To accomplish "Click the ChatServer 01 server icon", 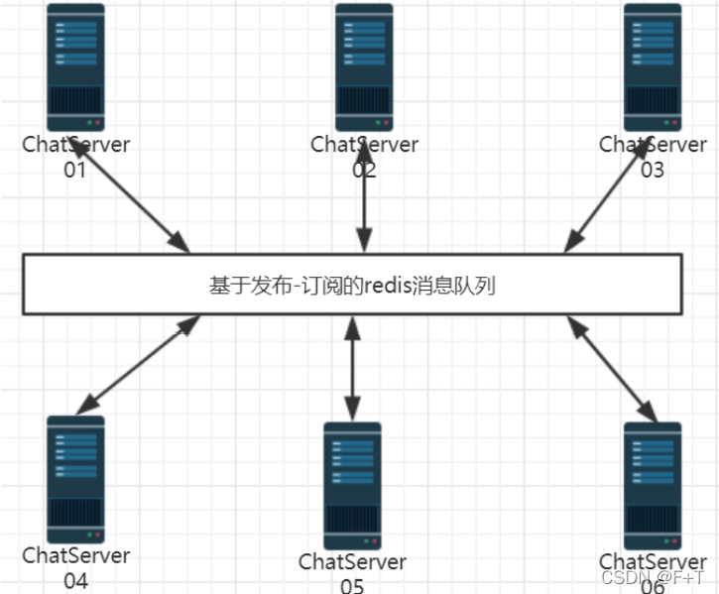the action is click(75, 67).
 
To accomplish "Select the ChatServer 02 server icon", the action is click(364, 67).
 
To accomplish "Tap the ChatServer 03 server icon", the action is click(653, 67).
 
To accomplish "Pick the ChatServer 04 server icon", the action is click(75, 479).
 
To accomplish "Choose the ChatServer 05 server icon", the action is click(352, 486).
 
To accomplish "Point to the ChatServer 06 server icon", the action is click(653, 486).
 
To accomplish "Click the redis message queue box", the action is click(353, 285).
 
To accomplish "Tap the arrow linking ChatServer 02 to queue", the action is click(364, 197).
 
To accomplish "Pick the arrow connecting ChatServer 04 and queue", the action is click(139, 365).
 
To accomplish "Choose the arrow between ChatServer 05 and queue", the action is click(352, 368).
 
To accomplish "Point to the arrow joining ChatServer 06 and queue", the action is click(613, 369).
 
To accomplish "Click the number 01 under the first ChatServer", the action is click(74, 171).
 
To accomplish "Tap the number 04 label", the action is click(75, 581).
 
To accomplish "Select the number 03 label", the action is click(652, 171).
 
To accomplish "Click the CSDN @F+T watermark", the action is click(652, 577).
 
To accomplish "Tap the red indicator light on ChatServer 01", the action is click(97, 123).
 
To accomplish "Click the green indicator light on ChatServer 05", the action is click(366, 541).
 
